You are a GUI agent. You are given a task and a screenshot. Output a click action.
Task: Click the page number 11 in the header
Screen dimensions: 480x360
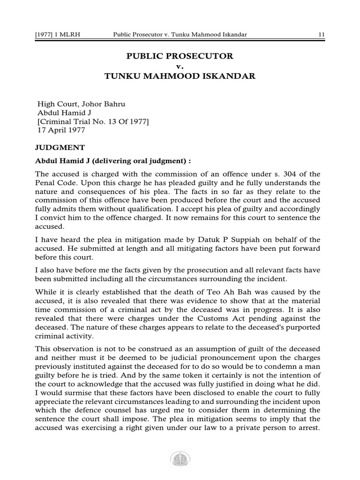pos(322,35)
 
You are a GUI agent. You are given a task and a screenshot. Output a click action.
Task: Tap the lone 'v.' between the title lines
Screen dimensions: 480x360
pos(180,67)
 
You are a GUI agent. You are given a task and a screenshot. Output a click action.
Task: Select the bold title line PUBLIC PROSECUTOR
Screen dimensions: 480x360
pos(180,56)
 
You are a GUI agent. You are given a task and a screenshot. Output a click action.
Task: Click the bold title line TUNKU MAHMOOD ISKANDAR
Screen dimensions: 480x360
pos(180,76)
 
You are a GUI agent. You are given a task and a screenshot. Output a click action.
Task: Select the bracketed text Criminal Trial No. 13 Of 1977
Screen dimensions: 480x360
pos(93,122)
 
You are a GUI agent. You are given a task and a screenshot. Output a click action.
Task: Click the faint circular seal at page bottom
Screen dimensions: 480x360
pos(180,461)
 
